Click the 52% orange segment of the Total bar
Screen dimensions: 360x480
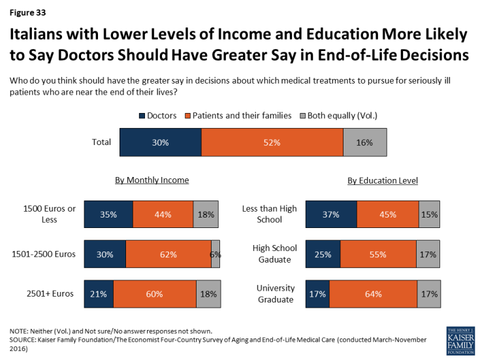point(272,142)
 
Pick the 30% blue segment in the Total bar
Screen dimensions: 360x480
point(160,142)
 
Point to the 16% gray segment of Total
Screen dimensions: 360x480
point(364,142)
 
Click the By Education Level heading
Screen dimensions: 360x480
point(382,181)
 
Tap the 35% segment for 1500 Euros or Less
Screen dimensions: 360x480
point(108,214)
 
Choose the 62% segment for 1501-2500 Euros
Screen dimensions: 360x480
point(168,254)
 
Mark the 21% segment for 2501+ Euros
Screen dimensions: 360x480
point(99,294)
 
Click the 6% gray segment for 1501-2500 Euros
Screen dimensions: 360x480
point(216,254)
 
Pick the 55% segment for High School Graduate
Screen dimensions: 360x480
point(378,254)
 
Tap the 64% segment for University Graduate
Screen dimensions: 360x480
point(373,294)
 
